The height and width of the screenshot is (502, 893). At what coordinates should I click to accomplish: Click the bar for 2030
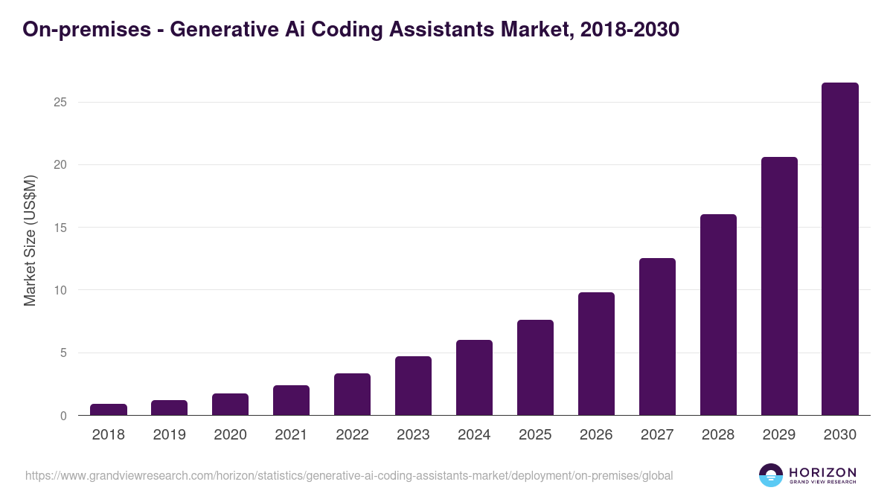pyautogui.click(x=839, y=249)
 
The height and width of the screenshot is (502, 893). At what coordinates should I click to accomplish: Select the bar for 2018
pyautogui.click(x=109, y=410)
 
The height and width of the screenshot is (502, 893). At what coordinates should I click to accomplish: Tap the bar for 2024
pyautogui.click(x=474, y=378)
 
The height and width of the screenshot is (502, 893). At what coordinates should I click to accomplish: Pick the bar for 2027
pyautogui.click(x=657, y=337)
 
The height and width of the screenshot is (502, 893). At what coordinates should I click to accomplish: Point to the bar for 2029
pyautogui.click(x=779, y=286)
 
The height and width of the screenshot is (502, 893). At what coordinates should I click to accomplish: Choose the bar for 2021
pyautogui.click(x=291, y=400)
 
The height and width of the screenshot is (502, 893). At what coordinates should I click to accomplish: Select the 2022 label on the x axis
pyautogui.click(x=352, y=435)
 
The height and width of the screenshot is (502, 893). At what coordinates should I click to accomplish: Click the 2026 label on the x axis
pyautogui.click(x=596, y=435)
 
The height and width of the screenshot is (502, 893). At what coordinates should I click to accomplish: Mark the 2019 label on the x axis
pyautogui.click(x=169, y=435)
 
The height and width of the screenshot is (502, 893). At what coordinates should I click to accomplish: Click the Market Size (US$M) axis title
pyautogui.click(x=30, y=240)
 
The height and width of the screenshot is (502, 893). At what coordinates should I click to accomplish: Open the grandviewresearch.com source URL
pyautogui.click(x=349, y=475)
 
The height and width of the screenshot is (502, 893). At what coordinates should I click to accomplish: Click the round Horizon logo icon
pyautogui.click(x=771, y=475)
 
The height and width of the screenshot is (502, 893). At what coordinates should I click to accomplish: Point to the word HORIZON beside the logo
pyautogui.click(x=822, y=472)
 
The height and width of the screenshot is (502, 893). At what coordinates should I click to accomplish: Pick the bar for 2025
pyautogui.click(x=535, y=367)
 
